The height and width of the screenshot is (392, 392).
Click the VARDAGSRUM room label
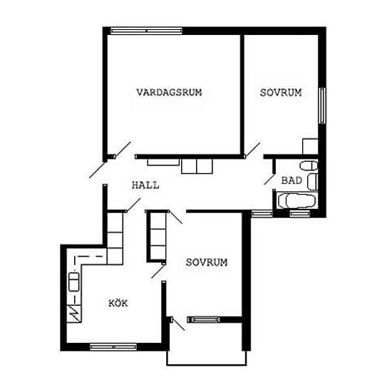(169, 92)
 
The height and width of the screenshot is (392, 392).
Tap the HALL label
(145, 185)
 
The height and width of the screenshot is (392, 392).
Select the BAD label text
(292, 180)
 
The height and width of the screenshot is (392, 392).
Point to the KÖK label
(118, 303)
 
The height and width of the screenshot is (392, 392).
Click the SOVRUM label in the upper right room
(281, 93)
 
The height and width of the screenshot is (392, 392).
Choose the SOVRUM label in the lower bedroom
(207, 262)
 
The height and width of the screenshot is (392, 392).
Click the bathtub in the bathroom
(296, 200)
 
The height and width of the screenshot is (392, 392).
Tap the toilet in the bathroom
(309, 165)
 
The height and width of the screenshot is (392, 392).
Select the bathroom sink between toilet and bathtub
(312, 182)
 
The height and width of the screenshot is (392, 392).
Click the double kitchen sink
(74, 282)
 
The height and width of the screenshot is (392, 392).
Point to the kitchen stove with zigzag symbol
(74, 313)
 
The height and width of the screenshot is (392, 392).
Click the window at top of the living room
(146, 31)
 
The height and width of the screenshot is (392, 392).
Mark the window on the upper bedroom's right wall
(322, 105)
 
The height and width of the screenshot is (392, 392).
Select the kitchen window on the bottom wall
(113, 347)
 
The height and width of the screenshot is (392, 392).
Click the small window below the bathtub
(299, 213)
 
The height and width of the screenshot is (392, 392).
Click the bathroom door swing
(269, 178)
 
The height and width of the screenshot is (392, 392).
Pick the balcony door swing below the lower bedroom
(178, 324)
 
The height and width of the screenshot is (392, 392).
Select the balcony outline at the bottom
(207, 365)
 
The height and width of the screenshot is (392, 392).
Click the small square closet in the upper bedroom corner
(310, 147)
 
